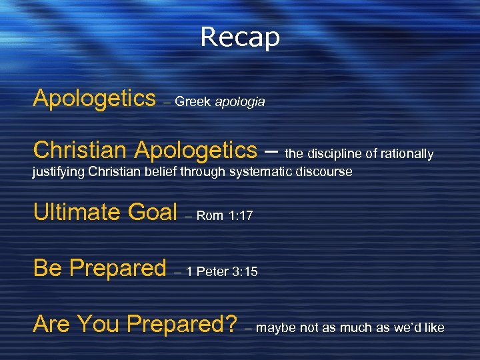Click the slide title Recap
(240, 37)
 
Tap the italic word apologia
(240, 102)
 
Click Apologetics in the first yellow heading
(94, 99)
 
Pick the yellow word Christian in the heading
(80, 150)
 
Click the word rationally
(407, 154)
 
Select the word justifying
(58, 173)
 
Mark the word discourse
(325, 173)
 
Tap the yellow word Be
(47, 268)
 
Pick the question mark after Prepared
(231, 324)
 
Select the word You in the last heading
(99, 324)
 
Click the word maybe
(277, 328)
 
